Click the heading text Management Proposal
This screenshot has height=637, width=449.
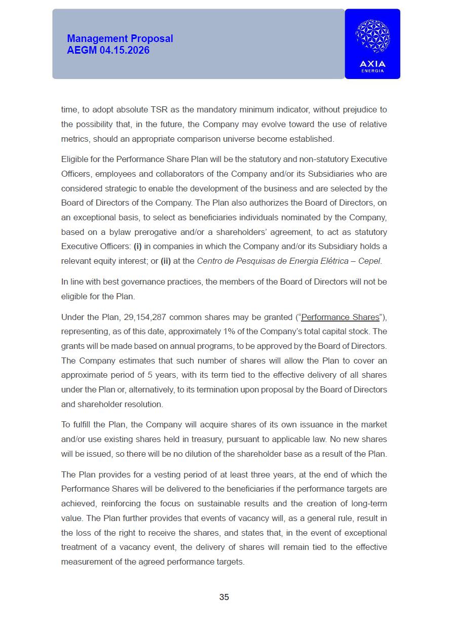(x=120, y=38)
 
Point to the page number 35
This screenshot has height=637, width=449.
(x=224, y=597)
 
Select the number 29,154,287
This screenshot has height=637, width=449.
(x=144, y=317)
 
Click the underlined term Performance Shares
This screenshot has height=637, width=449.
(x=340, y=317)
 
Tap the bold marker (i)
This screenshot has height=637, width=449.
(x=138, y=247)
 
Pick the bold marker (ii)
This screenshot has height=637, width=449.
(x=166, y=261)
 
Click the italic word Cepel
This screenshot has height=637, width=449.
(x=370, y=261)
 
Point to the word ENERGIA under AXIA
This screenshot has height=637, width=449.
(x=372, y=71)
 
